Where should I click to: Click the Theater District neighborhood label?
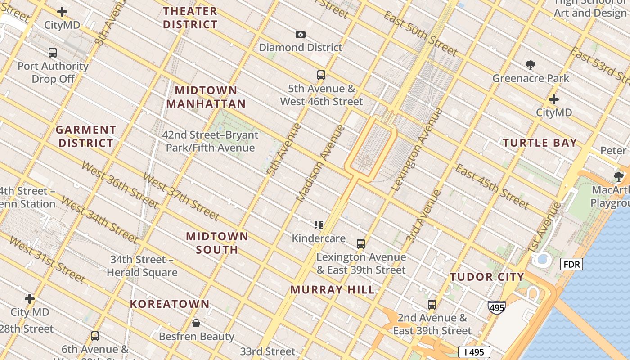coord(190,18)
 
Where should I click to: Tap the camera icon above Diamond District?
coord(300,34)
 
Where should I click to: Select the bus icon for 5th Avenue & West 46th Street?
coord(321,75)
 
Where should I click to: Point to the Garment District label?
coord(85,136)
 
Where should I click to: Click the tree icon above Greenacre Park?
coord(531,65)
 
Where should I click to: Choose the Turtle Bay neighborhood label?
coord(540,143)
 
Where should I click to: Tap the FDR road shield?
coord(571,264)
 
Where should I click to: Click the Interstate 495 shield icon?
coord(496,307)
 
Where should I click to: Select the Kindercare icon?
coord(319,225)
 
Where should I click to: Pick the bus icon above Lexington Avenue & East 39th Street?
coord(360,244)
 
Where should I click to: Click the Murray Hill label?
coord(332,290)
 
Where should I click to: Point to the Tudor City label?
coord(487,277)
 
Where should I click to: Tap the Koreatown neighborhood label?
coord(170,304)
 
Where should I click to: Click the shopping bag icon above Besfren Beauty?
coord(196,323)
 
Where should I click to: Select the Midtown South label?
coord(217,243)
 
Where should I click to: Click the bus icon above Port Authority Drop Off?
coord(53,53)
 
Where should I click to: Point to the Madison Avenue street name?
coord(320,163)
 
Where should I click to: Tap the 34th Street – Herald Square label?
coord(142,266)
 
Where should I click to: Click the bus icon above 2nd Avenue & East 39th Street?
coord(432,305)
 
